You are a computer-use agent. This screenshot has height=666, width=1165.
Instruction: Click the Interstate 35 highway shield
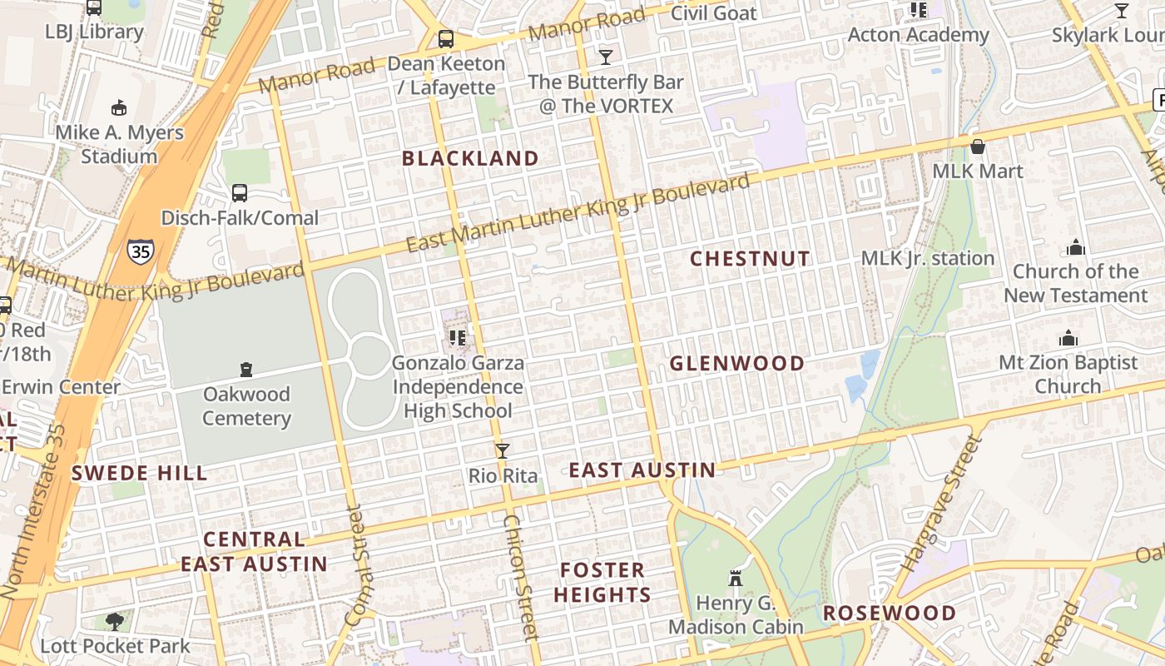click(x=140, y=250)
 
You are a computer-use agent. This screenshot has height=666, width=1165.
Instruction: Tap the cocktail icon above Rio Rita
click(x=502, y=451)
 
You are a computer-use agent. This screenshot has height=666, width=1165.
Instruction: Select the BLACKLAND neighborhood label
click(x=470, y=158)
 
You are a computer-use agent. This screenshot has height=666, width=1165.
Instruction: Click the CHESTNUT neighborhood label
click(x=750, y=259)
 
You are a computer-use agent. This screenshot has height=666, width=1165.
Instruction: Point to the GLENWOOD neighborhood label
click(x=737, y=363)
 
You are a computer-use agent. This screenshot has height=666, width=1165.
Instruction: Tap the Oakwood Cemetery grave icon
click(x=246, y=369)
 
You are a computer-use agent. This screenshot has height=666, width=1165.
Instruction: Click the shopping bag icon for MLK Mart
click(x=978, y=147)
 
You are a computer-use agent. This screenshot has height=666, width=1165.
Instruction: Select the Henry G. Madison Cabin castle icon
click(x=735, y=578)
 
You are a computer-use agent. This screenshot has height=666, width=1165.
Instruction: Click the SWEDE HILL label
click(x=139, y=474)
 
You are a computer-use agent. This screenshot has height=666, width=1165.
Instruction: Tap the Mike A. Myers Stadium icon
click(x=119, y=107)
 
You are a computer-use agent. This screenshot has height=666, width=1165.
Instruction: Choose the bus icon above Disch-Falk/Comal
click(x=240, y=193)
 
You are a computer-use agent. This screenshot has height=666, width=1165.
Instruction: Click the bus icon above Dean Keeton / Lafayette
click(x=446, y=39)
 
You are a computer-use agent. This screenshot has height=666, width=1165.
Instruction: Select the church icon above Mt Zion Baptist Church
click(x=1068, y=338)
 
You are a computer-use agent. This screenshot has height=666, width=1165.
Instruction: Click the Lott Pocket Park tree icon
click(x=115, y=621)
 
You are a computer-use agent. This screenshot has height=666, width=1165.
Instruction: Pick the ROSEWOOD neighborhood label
click(x=890, y=614)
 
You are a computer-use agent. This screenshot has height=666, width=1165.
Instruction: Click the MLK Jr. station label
click(x=928, y=258)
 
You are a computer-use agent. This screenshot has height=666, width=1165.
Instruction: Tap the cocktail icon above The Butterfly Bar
click(x=606, y=57)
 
